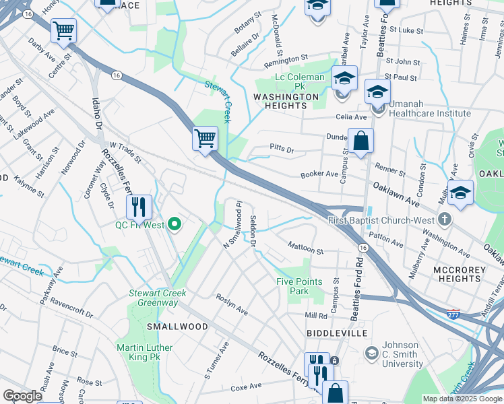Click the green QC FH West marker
(175, 224)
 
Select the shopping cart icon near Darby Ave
(63, 30)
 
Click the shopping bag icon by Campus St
(361, 141)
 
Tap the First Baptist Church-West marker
(444, 220)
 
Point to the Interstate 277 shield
(453, 314)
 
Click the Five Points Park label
(299, 286)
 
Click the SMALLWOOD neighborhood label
(177, 327)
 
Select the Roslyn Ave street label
(231, 304)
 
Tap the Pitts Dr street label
(282, 148)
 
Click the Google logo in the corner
(22, 396)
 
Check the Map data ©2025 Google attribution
(462, 399)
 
